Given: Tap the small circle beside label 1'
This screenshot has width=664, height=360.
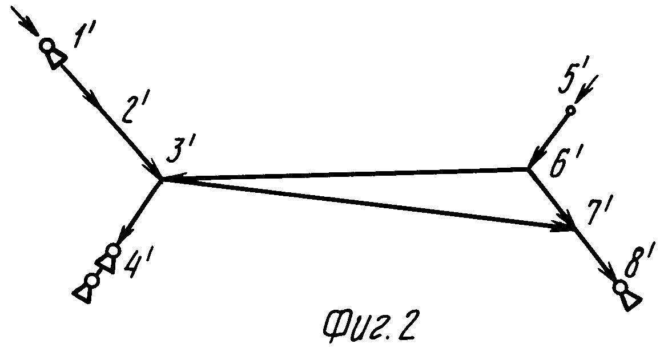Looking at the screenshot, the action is tap(46, 45).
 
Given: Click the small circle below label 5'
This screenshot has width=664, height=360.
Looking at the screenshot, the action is tap(570, 110).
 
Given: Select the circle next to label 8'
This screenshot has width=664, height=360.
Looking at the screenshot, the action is tap(620, 286).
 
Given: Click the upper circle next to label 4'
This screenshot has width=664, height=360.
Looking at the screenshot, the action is tap(113, 250).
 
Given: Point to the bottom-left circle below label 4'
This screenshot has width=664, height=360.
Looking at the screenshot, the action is tap(91, 280).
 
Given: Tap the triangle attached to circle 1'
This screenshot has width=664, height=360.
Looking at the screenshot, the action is tap(57, 59).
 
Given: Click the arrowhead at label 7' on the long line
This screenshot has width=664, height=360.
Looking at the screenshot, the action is tap(565, 228).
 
